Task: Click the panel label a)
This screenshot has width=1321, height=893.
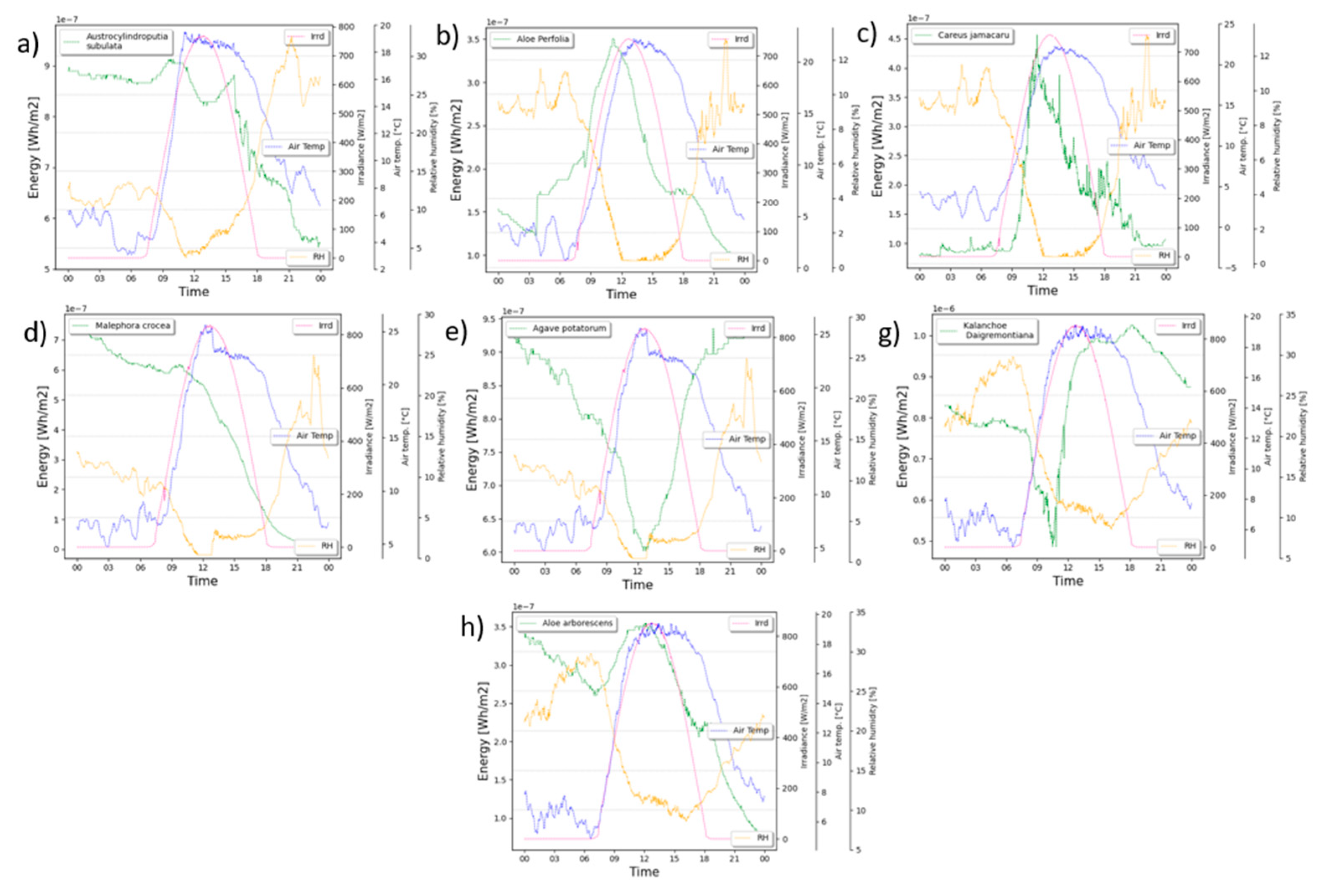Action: tap(27, 44)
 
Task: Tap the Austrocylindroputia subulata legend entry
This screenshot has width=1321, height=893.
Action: tap(116, 41)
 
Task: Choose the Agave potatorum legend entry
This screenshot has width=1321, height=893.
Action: tap(559, 328)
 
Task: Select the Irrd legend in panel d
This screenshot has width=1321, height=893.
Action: tap(315, 326)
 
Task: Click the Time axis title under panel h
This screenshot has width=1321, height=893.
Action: tap(644, 871)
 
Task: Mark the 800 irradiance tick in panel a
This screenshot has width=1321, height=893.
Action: tap(347, 27)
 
